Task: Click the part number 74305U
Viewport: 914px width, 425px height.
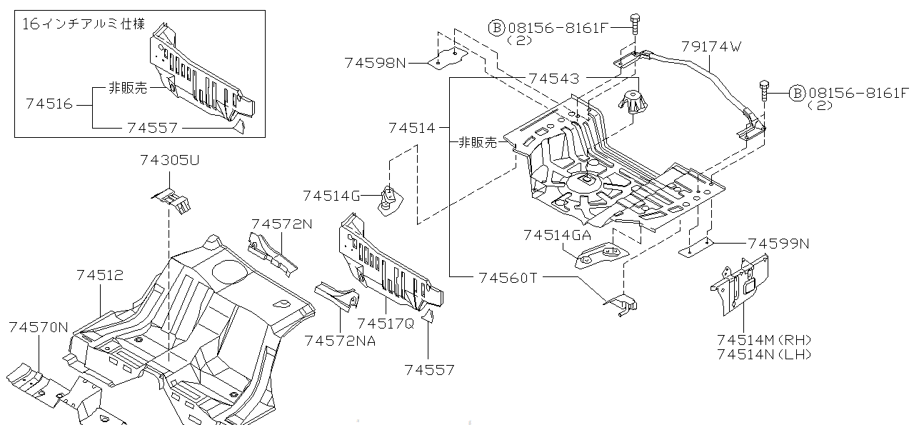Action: [169, 161]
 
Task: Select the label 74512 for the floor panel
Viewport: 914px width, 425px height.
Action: [100, 275]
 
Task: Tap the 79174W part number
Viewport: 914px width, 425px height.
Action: [710, 47]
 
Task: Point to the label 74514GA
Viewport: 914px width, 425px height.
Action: [557, 235]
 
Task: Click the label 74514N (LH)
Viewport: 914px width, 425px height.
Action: [764, 354]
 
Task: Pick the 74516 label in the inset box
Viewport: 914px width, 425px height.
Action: [49, 104]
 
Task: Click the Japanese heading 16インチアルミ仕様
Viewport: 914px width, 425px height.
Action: [84, 24]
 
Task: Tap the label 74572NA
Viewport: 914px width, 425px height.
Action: [340, 341]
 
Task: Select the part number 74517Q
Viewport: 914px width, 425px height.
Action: [386, 323]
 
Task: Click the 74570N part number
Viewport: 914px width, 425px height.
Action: [39, 327]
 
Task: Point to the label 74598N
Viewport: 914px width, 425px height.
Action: [375, 63]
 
